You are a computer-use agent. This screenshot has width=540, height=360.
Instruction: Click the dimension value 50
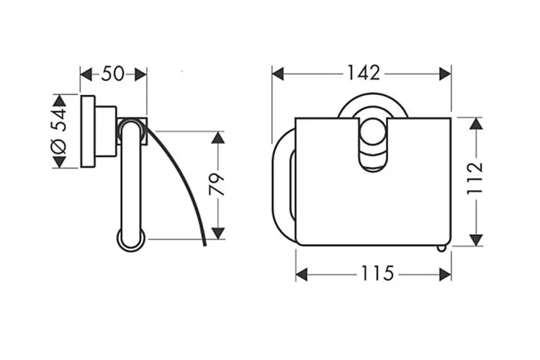pos(112,73)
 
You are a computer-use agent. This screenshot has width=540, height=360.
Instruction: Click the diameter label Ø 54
pos(59,131)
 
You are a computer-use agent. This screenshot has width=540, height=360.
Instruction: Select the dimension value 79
pos(217,184)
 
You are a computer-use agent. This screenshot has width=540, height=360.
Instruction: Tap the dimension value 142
pos(363,73)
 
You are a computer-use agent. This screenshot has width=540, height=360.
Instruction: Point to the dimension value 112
pos(475,179)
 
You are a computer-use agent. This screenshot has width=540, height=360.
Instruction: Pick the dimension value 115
pos(377,274)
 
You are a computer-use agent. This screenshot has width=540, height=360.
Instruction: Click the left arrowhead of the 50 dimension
pos(86,74)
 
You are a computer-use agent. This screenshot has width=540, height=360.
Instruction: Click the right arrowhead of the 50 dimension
pos(140,74)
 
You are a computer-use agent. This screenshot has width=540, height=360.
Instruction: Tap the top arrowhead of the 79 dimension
pos(218,138)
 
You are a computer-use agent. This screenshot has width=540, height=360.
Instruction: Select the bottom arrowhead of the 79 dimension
pos(218,233)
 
